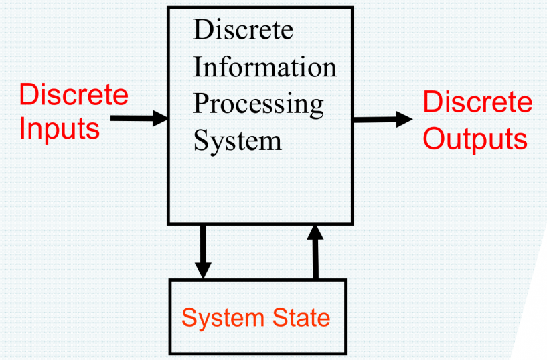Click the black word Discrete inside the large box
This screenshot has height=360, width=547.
pyautogui.click(x=243, y=31)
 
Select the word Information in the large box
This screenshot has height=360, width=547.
pyautogui.click(x=264, y=68)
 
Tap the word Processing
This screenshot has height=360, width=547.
pyautogui.click(x=258, y=105)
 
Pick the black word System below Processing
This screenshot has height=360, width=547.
pyautogui.click(x=237, y=141)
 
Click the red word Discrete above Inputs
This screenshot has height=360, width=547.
pyautogui.click(x=73, y=94)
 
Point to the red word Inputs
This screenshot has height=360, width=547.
pyautogui.click(x=59, y=128)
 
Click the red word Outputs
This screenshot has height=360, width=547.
pyautogui.click(x=475, y=139)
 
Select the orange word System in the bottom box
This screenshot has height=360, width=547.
pyautogui.click(x=215, y=317)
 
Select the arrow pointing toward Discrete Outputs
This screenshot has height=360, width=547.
pyautogui.click(x=382, y=120)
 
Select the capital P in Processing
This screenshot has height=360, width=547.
pyautogui.click(x=202, y=104)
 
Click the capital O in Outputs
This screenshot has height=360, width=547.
pyautogui.click(x=436, y=139)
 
